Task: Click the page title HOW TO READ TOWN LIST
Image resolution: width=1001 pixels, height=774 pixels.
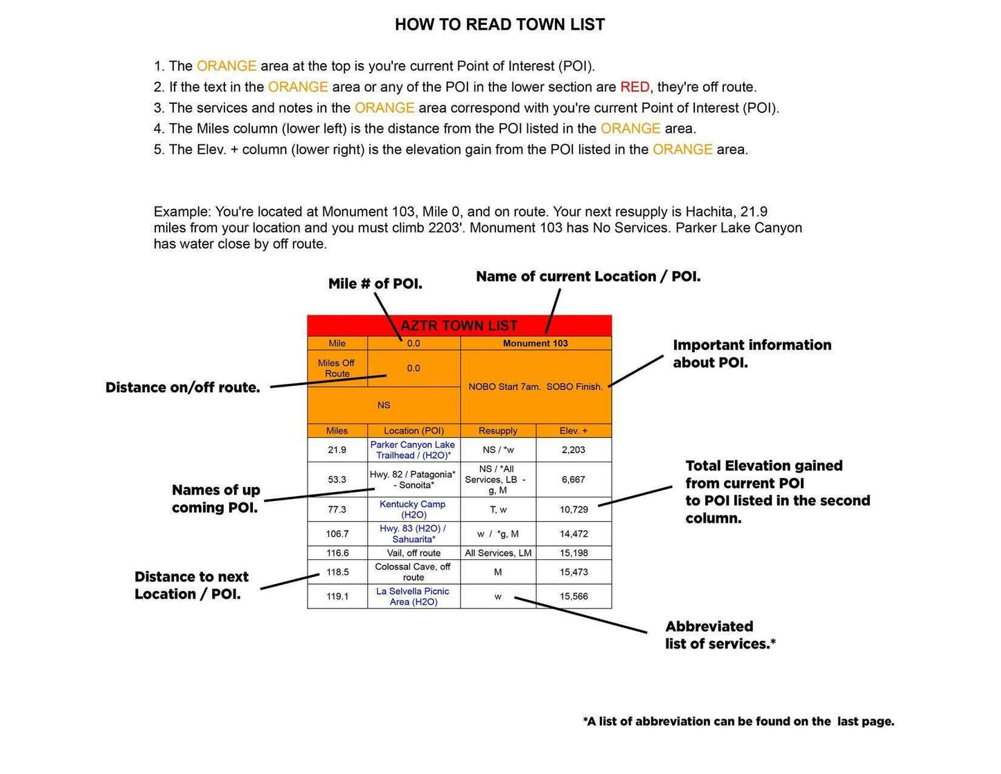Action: [x=499, y=25]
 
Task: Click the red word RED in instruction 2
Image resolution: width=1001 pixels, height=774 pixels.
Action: [x=635, y=87]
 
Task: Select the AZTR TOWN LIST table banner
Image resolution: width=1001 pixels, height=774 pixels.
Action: [x=459, y=326]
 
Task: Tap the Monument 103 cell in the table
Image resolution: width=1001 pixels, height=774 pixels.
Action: [x=535, y=344]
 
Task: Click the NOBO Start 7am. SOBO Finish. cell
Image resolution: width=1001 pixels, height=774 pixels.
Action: [x=535, y=387]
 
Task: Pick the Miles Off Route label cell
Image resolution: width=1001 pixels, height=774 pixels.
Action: [x=337, y=369]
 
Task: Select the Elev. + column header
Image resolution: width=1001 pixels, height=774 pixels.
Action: [x=574, y=431]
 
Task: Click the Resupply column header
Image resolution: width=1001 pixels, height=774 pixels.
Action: [x=497, y=431]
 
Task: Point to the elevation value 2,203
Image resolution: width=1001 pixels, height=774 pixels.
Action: [x=574, y=450]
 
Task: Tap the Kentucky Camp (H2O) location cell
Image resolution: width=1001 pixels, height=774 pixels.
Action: [x=413, y=509]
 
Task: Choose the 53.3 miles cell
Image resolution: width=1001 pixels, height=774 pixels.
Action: [x=337, y=480]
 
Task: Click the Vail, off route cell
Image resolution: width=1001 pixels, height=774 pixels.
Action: [x=413, y=553]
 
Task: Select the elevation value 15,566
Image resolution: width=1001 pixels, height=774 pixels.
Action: [x=574, y=597]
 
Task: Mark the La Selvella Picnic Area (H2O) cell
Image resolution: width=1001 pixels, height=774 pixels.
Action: [x=413, y=597]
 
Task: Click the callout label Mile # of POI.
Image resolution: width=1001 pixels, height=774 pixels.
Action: [x=375, y=284]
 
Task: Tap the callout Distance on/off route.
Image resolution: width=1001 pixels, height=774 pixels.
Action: [x=183, y=388]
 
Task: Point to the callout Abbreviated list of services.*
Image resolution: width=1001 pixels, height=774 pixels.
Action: [x=720, y=635]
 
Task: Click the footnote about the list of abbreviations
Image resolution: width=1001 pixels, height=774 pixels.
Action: [x=738, y=722]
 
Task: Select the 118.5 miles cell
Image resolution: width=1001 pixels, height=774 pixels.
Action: [x=337, y=572]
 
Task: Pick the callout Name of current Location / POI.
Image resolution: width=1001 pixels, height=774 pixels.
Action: [x=588, y=276]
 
